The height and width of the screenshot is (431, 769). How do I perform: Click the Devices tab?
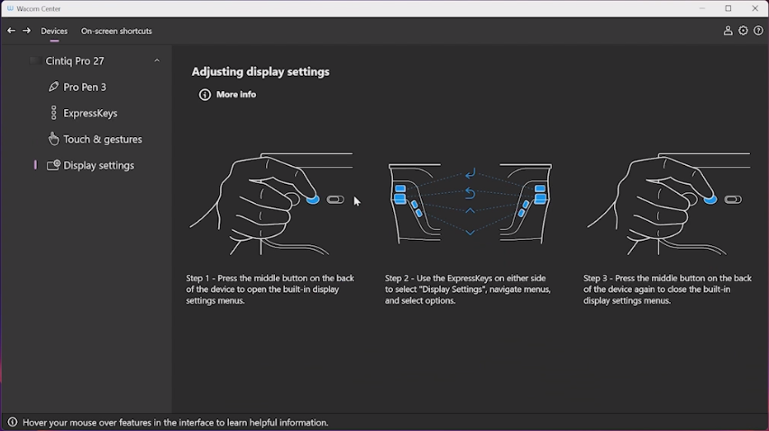(54, 31)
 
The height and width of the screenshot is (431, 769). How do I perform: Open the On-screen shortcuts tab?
(116, 31)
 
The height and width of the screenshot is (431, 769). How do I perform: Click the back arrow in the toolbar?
(12, 31)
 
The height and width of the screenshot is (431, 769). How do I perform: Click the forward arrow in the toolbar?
(26, 31)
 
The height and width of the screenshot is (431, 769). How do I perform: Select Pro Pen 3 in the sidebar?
(85, 87)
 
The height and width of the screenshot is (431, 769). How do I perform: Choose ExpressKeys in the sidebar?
(90, 114)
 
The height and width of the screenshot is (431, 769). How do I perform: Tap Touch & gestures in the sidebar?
(103, 139)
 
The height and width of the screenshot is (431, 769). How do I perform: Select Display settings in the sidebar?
(98, 165)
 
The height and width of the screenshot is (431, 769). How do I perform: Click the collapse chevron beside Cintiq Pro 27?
(157, 60)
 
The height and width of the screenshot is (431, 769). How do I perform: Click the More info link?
(236, 94)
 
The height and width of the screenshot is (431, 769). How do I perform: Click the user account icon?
(728, 31)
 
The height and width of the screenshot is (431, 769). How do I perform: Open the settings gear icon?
(743, 31)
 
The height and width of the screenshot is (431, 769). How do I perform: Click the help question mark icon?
(758, 31)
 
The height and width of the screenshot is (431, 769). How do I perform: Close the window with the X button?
(755, 8)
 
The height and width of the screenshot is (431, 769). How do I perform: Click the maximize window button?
(728, 8)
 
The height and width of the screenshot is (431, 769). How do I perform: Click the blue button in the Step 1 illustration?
(313, 199)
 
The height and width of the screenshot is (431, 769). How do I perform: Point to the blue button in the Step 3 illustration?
(710, 199)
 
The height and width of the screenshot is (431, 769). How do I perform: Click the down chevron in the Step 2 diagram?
(470, 233)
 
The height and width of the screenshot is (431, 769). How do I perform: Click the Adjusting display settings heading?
(261, 71)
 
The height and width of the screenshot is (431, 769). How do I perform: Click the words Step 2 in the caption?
(397, 278)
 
